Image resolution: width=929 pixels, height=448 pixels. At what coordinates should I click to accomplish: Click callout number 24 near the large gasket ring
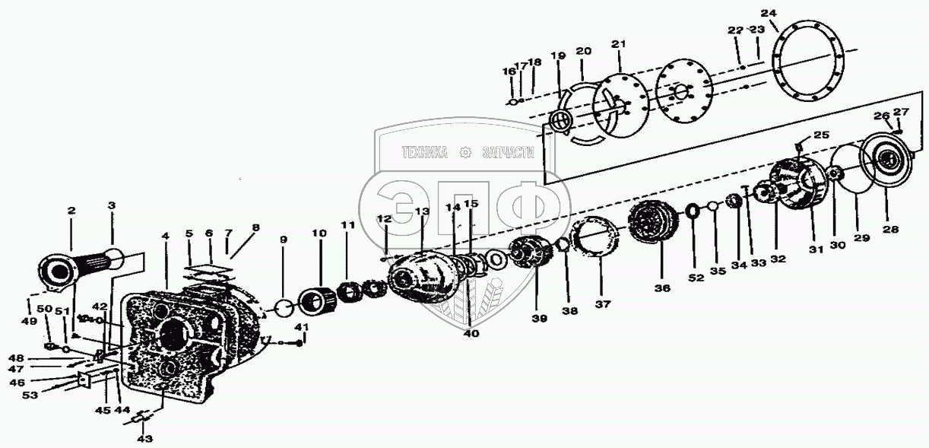point(769,13)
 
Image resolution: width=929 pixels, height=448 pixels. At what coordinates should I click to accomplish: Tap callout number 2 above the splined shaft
point(71,211)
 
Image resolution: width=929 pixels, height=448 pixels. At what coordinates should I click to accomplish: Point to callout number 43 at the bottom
point(144,438)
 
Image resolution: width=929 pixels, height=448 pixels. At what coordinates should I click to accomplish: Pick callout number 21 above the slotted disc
point(618,45)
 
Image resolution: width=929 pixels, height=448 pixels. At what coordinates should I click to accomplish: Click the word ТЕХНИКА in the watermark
point(425,153)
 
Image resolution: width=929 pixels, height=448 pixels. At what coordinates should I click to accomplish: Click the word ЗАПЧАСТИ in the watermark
point(508,153)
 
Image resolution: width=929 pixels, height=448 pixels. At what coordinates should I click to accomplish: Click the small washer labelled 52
point(693,211)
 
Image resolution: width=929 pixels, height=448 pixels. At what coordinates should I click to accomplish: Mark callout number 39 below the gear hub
point(539,319)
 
